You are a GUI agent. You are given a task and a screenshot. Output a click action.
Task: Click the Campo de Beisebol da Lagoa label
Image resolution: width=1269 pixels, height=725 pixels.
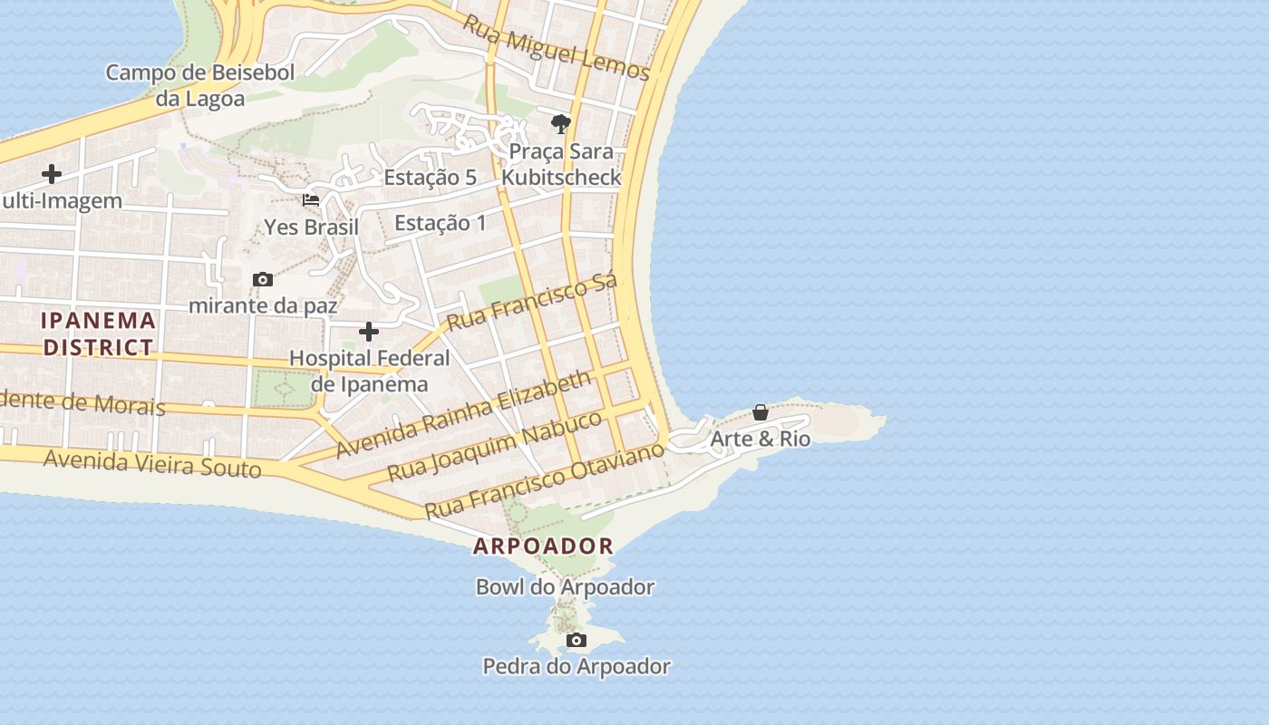coord(200,85)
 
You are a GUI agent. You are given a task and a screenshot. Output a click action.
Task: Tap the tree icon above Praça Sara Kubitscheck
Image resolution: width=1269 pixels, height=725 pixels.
coord(561,123)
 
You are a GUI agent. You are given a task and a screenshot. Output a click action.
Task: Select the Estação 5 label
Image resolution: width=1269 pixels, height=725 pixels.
coord(430,177)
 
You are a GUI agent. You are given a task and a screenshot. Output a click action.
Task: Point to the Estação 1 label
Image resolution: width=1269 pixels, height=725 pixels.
coord(441,223)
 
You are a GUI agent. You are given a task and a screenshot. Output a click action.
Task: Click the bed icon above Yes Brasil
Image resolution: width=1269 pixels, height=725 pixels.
coord(311,199)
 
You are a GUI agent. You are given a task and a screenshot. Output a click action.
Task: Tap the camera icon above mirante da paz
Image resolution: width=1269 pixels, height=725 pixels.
coord(263,279)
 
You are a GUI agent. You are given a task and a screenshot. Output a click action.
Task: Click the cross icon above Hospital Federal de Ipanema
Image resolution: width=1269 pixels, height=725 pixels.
coord(369,331)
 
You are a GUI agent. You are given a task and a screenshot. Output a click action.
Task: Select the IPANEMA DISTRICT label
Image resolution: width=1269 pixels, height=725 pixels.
coord(99,333)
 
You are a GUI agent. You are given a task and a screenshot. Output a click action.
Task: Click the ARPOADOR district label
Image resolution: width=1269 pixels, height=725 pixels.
coord(543,546)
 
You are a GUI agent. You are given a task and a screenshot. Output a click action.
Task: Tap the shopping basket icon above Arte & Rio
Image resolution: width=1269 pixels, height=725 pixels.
coord(760,412)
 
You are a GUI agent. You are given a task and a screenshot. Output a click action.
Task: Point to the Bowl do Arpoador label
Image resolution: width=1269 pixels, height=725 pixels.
coord(565,587)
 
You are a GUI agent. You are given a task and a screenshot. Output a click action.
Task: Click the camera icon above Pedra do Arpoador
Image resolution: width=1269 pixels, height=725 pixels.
coord(576,641)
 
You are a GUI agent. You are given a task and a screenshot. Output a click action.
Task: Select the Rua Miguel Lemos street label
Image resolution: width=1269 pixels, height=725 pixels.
coord(557,46)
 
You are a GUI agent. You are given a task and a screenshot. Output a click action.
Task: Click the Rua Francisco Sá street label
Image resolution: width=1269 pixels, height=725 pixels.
coord(533,302)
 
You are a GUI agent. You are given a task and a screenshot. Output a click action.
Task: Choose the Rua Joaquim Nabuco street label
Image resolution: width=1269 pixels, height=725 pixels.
coord(495,445)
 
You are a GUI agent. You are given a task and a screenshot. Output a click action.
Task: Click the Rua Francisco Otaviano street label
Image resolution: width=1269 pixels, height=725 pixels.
coord(545,479)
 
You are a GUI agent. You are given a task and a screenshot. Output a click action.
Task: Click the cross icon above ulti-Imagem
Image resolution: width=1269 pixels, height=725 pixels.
coord(52,174)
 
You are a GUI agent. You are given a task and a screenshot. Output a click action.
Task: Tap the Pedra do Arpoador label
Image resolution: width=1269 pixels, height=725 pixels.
coord(576,667)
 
